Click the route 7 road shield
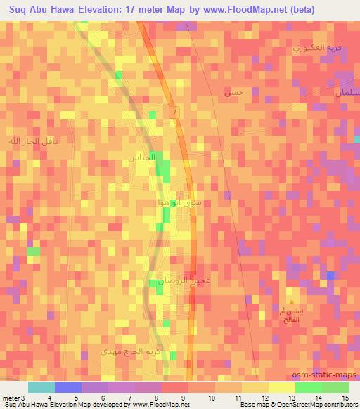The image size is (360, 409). tap(173, 112)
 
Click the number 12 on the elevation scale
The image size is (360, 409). tap(264, 398)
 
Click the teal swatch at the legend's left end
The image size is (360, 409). tap(41, 387)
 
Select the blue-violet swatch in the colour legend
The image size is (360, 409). tap(67, 387)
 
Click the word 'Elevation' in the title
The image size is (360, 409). tap(100, 9)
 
